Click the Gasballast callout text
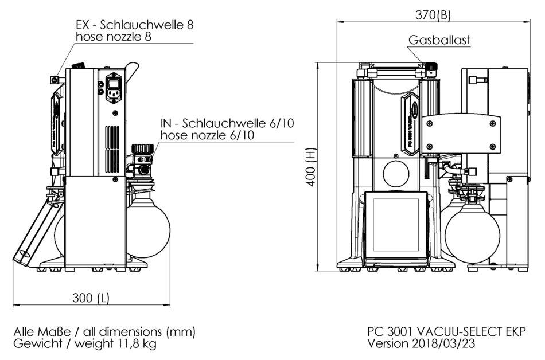coord(440,40)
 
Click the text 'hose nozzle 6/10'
coord(203,135)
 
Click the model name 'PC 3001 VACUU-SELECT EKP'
coord(446,331)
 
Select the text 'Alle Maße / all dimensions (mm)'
coord(104,331)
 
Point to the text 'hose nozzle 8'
coord(114,37)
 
